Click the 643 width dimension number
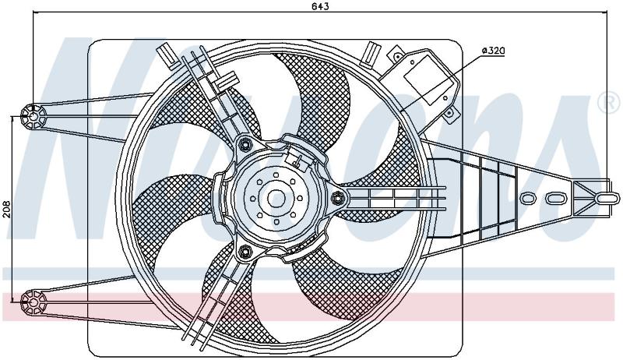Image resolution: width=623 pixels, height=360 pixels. pos(320,6)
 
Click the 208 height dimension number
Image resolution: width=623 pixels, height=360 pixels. pos(6,209)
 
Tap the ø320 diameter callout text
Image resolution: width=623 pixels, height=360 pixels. pos(493,51)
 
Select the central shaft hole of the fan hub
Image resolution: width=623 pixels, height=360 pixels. pos(276,198)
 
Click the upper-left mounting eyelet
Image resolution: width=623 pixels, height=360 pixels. pos(33,116)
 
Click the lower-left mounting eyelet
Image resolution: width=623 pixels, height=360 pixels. pos(33,303)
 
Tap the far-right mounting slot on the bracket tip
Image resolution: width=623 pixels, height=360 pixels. pos(607,198)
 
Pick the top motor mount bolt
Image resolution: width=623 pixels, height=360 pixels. pos(245,144)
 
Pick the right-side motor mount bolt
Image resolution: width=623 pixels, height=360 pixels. pos(338,196)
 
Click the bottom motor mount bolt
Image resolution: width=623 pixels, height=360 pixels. pos(245,252)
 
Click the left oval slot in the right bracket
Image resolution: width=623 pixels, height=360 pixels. pos(528,198)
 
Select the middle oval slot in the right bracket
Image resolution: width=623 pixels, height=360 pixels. pos(555,198)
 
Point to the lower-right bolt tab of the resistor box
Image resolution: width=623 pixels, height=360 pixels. pos(449,114)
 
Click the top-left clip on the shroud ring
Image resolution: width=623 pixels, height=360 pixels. pos(168,55)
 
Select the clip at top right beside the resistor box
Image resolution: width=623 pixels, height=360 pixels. pos(371,53)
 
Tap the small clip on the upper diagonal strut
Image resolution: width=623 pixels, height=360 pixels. pos(226,79)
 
